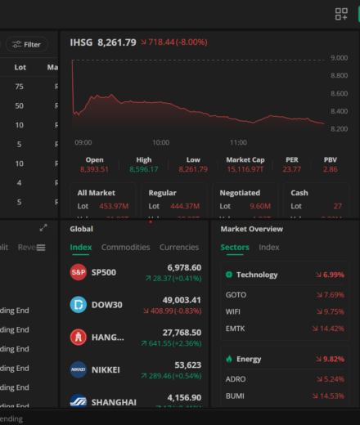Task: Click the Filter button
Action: coord(27,45)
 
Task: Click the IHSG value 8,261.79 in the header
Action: coord(117,42)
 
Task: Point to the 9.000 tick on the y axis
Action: coord(340,58)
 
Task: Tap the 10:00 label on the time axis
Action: coord(160,142)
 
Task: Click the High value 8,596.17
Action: coord(144,169)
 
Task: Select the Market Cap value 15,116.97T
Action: coord(245,169)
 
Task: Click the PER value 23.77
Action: coord(292,169)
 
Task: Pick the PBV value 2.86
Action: coord(330,169)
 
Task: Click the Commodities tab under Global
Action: coord(125,247)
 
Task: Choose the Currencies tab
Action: coord(178,247)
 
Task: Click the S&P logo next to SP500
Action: coord(79,272)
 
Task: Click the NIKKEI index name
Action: coord(106,369)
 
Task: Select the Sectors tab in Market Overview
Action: coord(235,247)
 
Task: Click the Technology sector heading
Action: coord(257,275)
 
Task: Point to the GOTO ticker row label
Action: coord(235,294)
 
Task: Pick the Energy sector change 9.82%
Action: coord(333,359)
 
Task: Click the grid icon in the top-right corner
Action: coord(341,14)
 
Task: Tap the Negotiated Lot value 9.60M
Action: coord(260,206)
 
